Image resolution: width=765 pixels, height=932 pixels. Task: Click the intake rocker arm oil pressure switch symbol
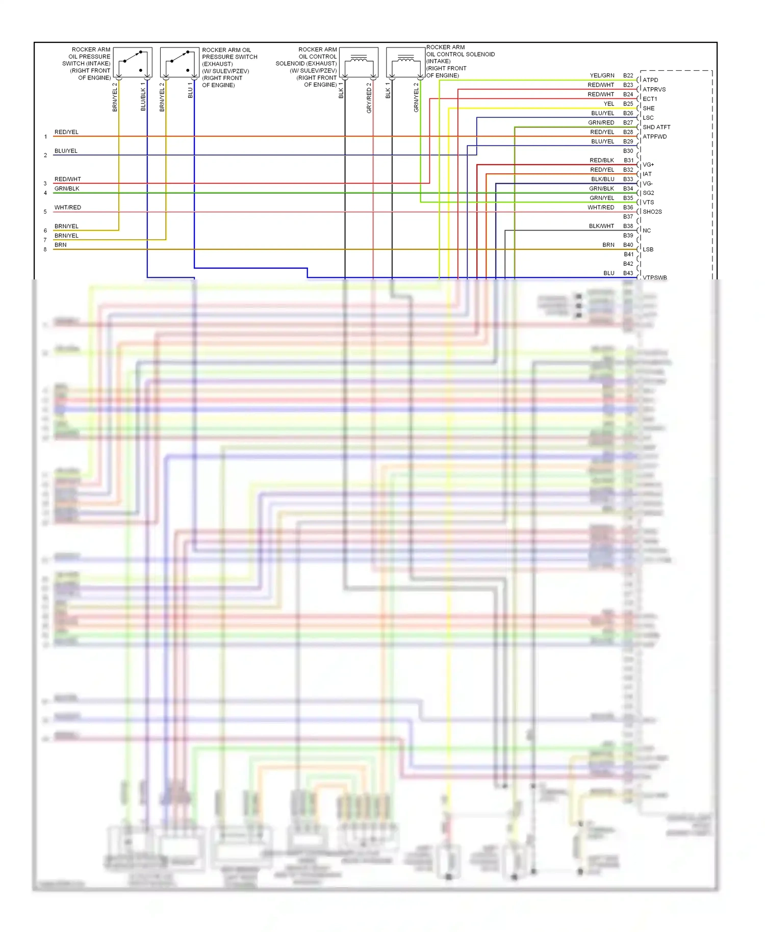(x=133, y=62)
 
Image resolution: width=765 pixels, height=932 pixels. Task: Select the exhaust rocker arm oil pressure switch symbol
(x=180, y=62)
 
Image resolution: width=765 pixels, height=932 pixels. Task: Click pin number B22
(x=628, y=75)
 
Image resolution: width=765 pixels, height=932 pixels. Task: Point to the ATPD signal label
(x=650, y=80)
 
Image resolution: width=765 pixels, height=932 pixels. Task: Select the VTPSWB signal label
(x=655, y=277)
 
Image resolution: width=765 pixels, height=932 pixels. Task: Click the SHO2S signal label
(x=652, y=212)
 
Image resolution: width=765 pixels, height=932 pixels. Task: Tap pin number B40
(x=628, y=245)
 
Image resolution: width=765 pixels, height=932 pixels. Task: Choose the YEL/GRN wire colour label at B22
(x=602, y=75)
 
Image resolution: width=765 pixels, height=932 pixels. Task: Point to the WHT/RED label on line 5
(x=68, y=208)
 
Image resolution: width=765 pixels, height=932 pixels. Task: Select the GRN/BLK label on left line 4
(x=67, y=189)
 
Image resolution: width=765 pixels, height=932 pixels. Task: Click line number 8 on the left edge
(x=45, y=249)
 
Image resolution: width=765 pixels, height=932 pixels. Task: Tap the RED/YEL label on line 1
(x=66, y=132)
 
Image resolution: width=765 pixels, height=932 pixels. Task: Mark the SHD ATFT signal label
(x=656, y=127)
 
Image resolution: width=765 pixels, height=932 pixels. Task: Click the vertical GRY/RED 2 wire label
(x=369, y=98)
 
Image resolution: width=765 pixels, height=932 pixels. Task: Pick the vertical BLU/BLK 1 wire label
(x=143, y=96)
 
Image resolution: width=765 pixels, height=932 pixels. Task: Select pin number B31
(x=628, y=160)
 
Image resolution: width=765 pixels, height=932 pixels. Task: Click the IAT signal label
(x=647, y=174)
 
